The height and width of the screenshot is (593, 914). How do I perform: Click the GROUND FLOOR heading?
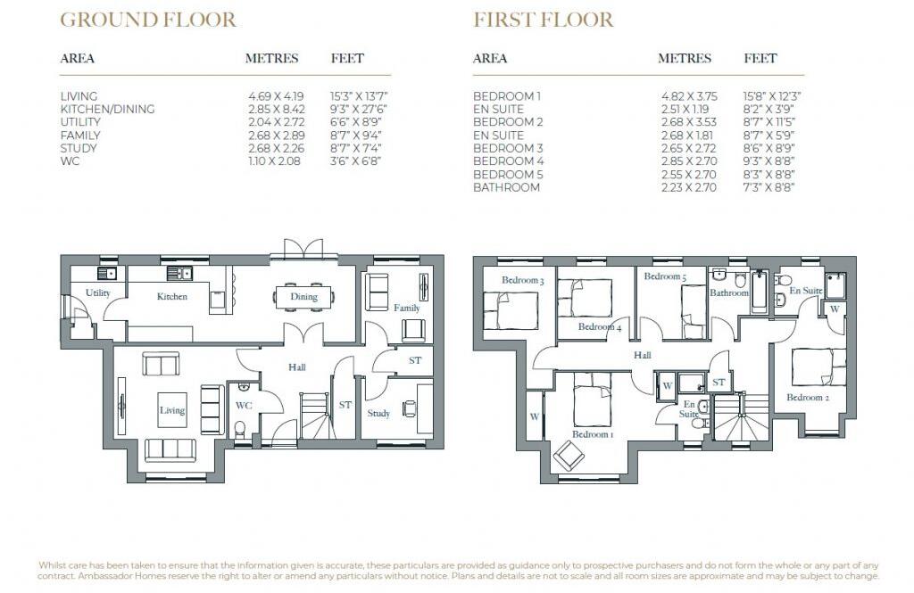147,20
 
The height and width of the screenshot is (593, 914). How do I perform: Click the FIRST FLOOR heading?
543,20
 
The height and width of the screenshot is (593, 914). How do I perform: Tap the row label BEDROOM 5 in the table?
507,175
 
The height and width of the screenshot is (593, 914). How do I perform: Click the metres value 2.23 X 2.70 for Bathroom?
687,187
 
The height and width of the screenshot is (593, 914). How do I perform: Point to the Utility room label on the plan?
97,293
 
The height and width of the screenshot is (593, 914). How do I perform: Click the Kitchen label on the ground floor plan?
171,296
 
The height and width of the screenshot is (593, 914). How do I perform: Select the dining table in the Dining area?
303,297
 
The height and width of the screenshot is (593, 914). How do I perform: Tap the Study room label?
378,414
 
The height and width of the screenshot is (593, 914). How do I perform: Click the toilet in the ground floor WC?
239,427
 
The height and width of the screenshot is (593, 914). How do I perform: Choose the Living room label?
172,410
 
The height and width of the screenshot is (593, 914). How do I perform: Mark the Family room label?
406,308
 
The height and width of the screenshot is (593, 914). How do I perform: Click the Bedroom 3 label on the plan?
522,280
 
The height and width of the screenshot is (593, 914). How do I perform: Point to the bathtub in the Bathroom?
760,292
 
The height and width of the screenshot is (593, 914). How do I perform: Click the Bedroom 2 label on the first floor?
808,398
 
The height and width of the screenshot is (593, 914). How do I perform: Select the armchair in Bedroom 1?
569,457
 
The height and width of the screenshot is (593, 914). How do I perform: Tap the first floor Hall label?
643,355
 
